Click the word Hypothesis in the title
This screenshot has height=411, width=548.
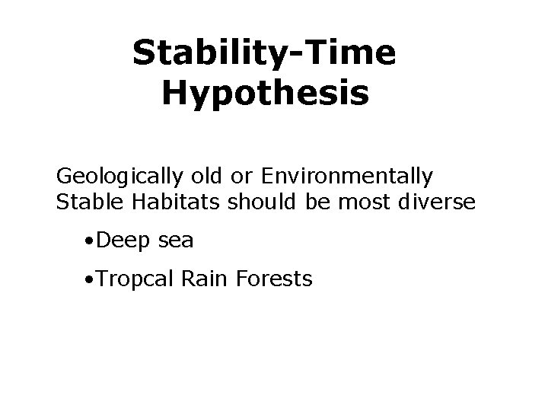point(266,94)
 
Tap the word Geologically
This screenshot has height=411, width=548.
point(118,177)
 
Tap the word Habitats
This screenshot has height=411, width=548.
point(159,202)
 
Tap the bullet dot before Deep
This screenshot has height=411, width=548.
point(90,242)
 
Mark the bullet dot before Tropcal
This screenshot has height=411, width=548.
point(90,280)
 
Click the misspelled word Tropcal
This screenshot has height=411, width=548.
point(135,280)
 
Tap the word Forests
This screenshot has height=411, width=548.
point(274,279)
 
